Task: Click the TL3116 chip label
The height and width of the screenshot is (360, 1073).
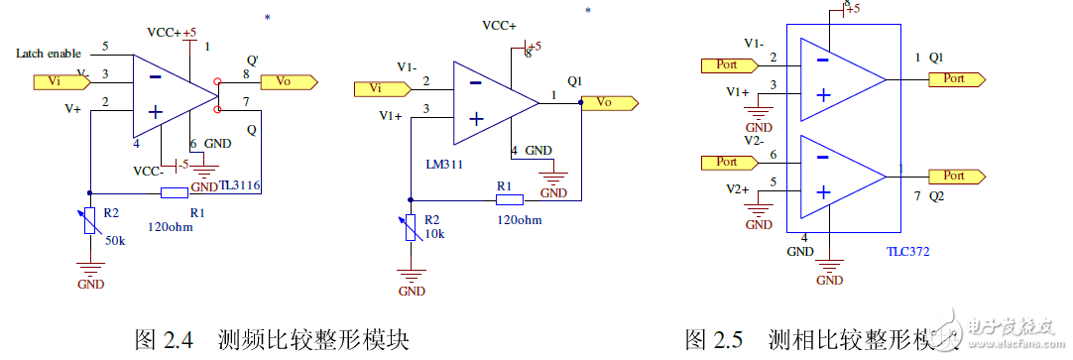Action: pos(239,185)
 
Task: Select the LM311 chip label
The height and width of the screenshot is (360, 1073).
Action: pos(445,162)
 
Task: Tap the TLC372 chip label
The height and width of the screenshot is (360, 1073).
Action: pos(908,252)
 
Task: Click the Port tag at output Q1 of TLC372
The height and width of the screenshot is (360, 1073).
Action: pos(957,77)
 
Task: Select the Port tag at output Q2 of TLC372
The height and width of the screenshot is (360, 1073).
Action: pos(957,176)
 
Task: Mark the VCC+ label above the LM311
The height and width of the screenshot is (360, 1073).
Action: pos(502,25)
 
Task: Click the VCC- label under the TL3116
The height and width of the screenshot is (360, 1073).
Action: pos(151,171)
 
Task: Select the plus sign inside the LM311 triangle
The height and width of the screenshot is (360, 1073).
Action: pos(476,119)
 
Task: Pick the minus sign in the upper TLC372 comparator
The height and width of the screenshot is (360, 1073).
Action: pos(822,59)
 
